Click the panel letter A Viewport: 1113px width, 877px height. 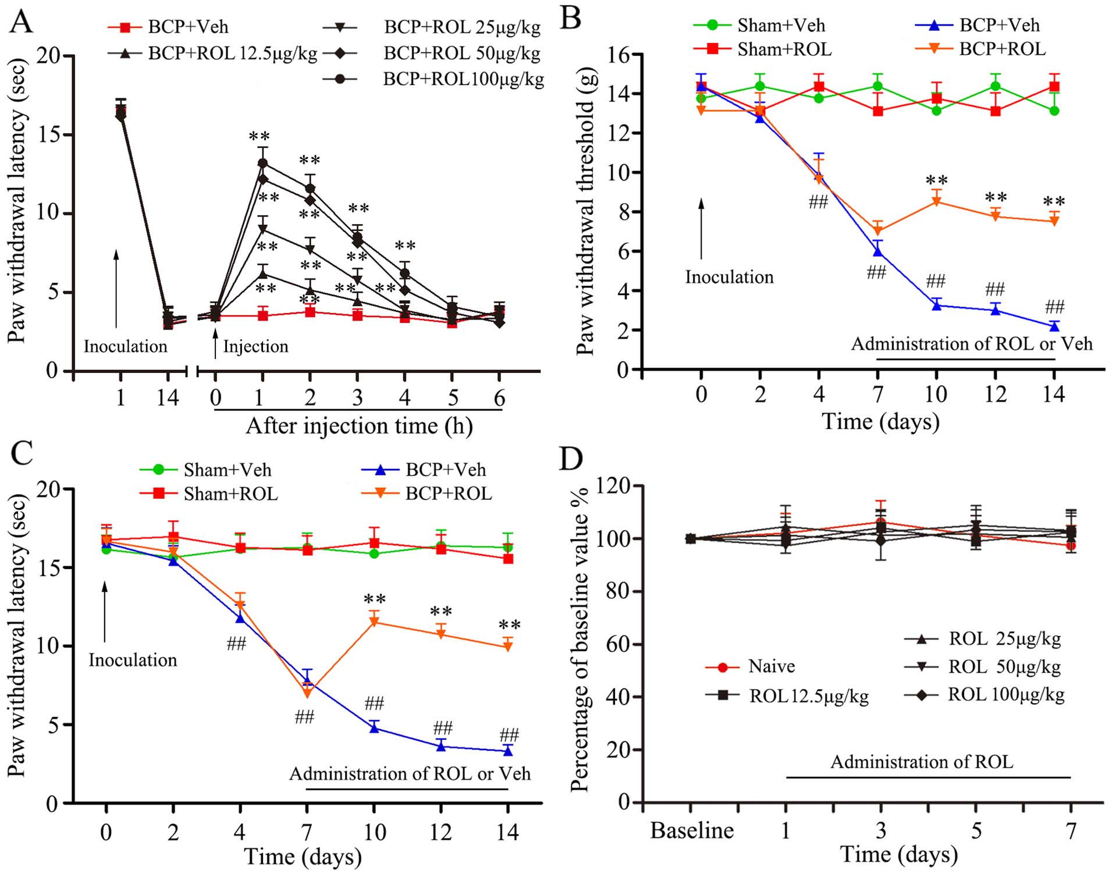tap(22, 22)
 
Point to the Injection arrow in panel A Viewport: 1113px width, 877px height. tap(215, 343)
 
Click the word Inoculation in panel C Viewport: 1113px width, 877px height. tap(133, 661)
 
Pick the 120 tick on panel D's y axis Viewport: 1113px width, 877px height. tap(618, 486)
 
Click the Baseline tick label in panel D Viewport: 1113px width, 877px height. tap(692, 830)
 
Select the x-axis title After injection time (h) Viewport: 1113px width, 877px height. tap(359, 426)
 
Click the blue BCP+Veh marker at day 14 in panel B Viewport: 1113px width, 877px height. tap(1054, 326)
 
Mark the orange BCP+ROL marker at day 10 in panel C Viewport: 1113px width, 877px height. tap(374, 623)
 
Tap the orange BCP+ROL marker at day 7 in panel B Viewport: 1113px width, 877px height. tap(878, 232)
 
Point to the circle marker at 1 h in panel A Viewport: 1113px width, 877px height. tap(262, 163)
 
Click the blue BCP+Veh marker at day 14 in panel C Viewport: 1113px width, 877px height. tap(508, 751)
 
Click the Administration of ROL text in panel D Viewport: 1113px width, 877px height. tap(922, 762)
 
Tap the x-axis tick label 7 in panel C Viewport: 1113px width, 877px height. tap(307, 832)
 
